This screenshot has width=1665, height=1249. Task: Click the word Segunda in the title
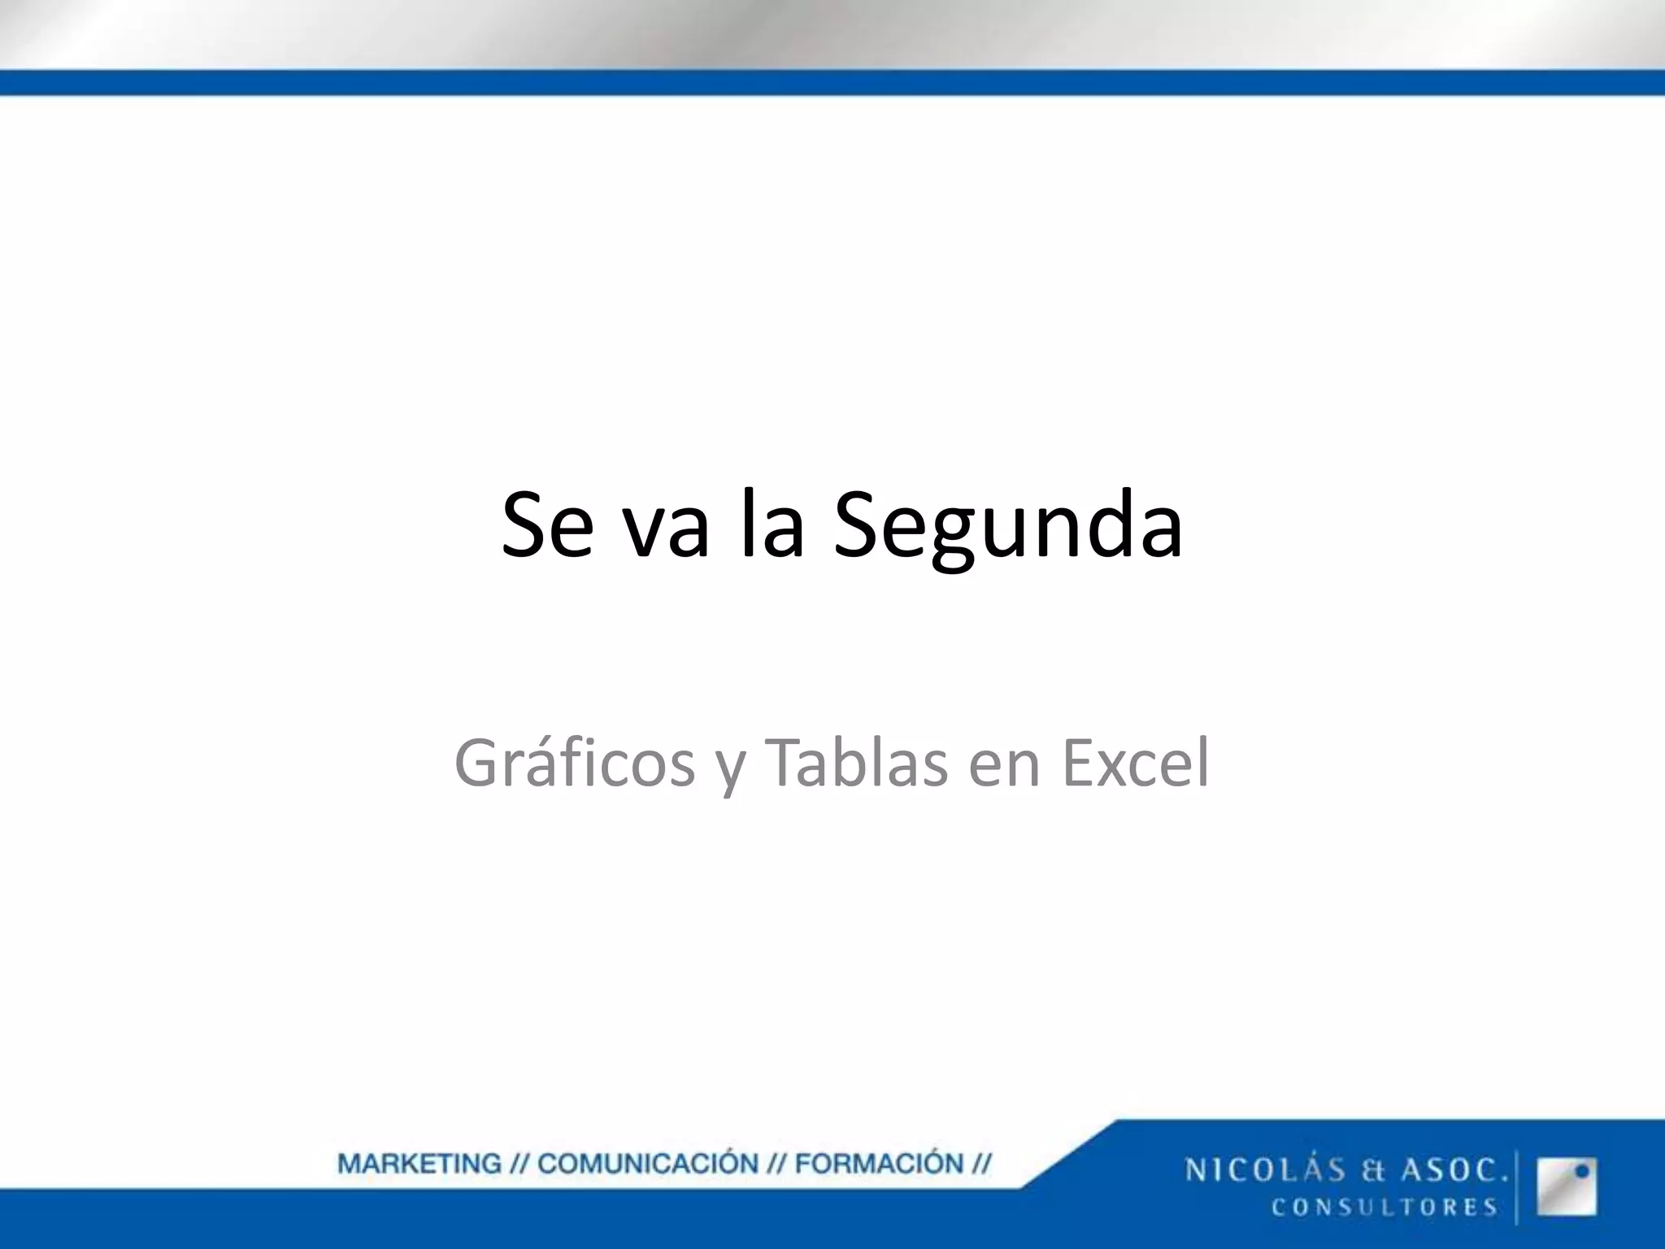(x=1008, y=527)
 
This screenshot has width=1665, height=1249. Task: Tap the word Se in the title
(x=546, y=527)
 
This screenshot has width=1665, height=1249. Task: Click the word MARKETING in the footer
(x=420, y=1164)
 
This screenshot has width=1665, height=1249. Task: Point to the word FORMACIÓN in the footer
(x=879, y=1164)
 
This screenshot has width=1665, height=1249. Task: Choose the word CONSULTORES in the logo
(x=1385, y=1207)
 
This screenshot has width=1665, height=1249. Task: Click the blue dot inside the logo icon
(x=1582, y=1172)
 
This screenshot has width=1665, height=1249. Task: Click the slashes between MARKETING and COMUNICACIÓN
(x=519, y=1164)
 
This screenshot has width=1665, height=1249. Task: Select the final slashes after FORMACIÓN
(x=981, y=1164)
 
